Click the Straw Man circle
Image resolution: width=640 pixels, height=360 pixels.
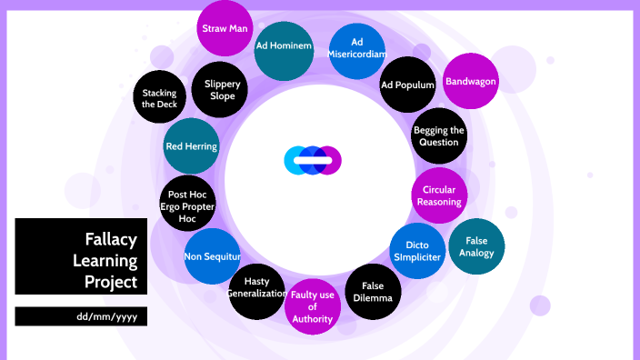pos(225,28)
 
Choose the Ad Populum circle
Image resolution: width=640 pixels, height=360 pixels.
pos(407,85)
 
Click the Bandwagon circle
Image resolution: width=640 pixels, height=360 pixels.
pos(470,81)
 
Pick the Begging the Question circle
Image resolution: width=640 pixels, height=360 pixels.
pos(439,136)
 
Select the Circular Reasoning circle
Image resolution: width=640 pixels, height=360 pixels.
pos(439,195)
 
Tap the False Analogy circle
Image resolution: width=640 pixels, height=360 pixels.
pos(476,246)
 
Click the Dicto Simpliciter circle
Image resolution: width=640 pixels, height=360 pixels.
pos(417,251)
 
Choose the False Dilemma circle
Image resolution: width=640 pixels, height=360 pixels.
pos(373,291)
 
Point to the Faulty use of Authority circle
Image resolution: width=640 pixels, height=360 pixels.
pos(313,307)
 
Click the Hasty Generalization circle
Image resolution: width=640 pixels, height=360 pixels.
pos(256,291)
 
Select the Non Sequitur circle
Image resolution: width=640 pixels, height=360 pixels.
pos(211,256)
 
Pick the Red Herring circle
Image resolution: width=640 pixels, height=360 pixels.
pos(191,145)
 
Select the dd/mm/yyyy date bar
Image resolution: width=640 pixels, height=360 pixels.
pos(81,316)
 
